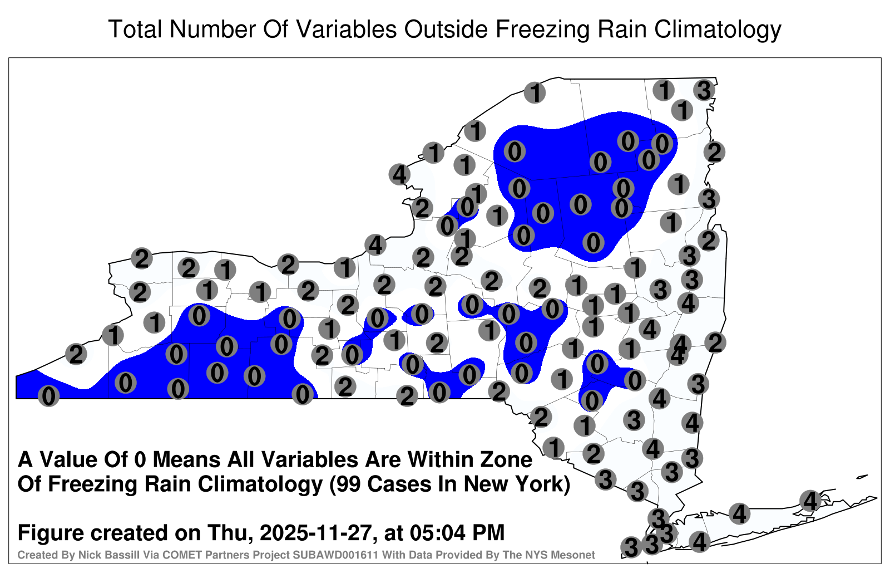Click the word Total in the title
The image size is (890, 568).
(135, 29)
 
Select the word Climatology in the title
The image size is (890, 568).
(718, 30)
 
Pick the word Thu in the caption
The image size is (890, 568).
(233, 532)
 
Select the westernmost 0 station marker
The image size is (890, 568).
(48, 396)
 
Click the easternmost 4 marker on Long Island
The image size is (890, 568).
(810, 501)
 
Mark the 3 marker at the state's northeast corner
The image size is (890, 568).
(704, 90)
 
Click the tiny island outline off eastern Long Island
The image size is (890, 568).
(862, 477)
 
